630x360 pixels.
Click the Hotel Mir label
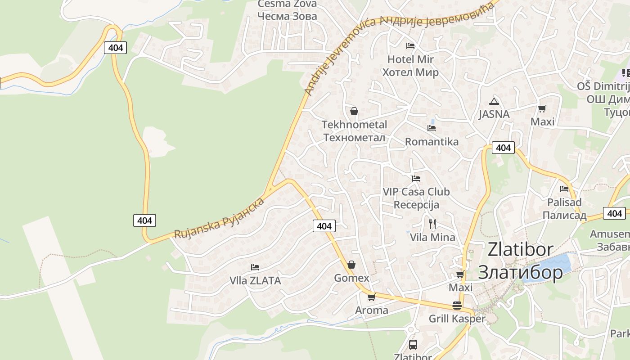click(410, 66)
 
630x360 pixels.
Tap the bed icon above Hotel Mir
click(410, 45)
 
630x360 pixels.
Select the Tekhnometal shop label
click(354, 130)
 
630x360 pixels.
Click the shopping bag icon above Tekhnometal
click(354, 111)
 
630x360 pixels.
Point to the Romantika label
click(432, 142)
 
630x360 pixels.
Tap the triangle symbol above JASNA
click(494, 101)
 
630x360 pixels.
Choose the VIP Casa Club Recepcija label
click(416, 198)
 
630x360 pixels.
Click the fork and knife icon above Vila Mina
click(432, 224)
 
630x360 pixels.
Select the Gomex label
click(351, 278)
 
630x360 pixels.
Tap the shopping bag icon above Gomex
click(351, 265)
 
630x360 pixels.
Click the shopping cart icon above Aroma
click(371, 297)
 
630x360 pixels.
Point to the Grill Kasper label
click(457, 319)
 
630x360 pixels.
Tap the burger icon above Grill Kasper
click(457, 306)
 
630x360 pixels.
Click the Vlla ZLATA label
click(255, 280)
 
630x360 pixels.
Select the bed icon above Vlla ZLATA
click(255, 267)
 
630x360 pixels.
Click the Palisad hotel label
click(564, 209)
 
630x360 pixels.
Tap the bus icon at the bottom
click(413, 345)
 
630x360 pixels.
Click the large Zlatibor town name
click(520, 261)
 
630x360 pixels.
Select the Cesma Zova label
click(287, 10)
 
